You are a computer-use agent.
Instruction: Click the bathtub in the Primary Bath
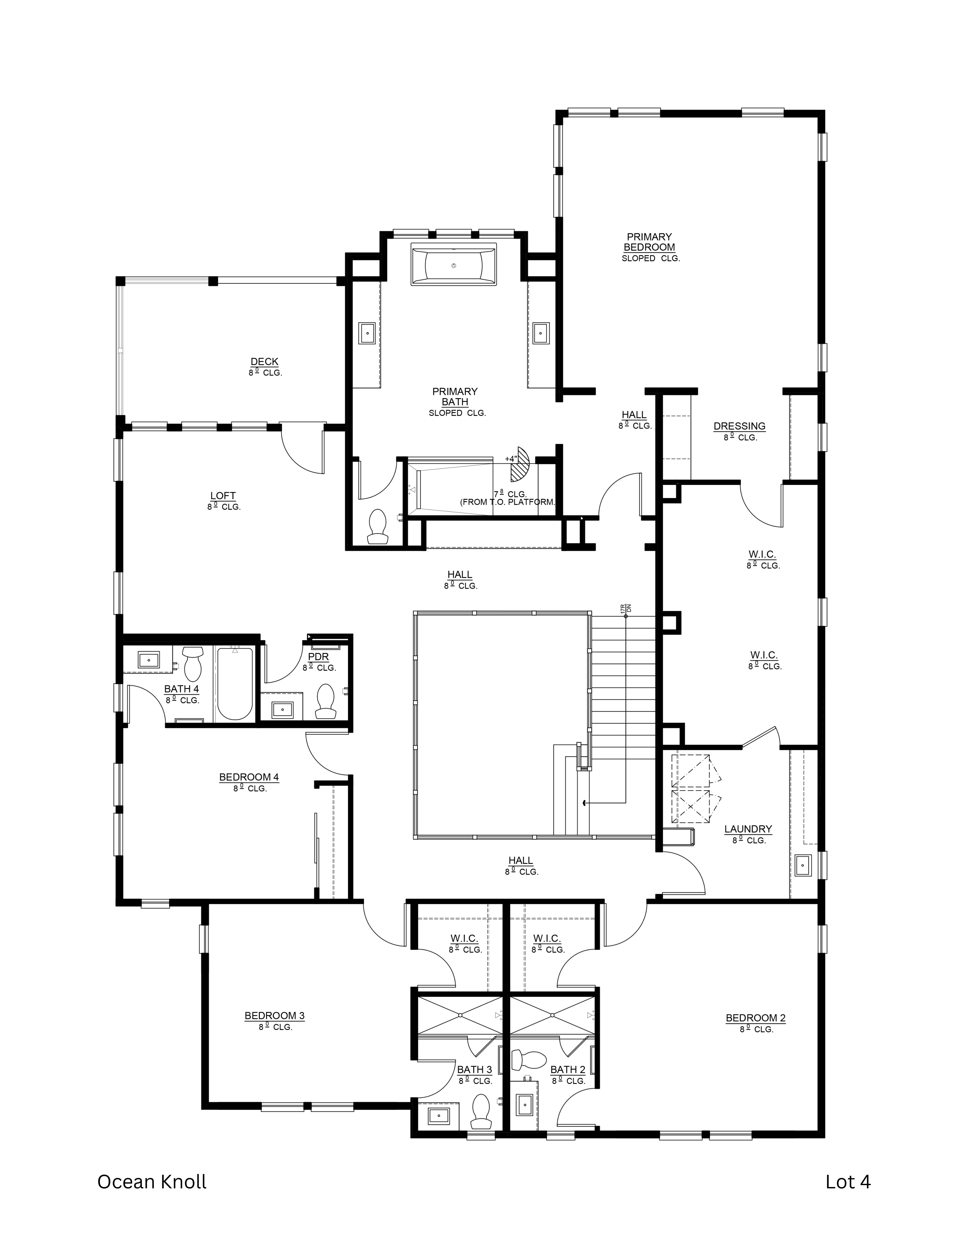click(x=454, y=264)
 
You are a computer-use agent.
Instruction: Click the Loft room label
click(x=223, y=496)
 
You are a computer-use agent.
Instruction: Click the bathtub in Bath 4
click(x=234, y=683)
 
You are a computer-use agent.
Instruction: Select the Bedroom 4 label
click(x=249, y=777)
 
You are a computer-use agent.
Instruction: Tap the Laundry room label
click(x=748, y=829)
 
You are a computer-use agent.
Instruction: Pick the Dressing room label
click(x=739, y=426)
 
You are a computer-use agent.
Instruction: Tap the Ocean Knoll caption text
click(x=152, y=1182)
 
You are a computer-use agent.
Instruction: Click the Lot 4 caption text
click(x=848, y=1182)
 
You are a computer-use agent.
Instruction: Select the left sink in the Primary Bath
click(x=367, y=333)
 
